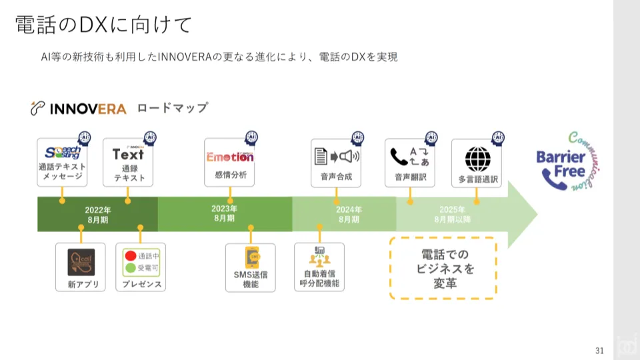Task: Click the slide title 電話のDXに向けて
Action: pyautogui.click(x=103, y=25)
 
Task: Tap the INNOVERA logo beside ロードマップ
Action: pyautogui.click(x=79, y=109)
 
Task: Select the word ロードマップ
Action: pyautogui.click(x=172, y=108)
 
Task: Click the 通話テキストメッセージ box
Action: pyautogui.click(x=61, y=163)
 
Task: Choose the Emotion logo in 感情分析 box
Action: pyautogui.click(x=230, y=157)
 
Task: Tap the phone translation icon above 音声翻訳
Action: pyautogui.click(x=409, y=157)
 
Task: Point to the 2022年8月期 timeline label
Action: pyautogui.click(x=97, y=214)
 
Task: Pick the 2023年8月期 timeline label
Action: pyautogui.click(x=224, y=213)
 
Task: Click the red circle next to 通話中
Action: pyautogui.click(x=131, y=256)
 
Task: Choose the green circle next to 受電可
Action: pyautogui.click(x=131, y=269)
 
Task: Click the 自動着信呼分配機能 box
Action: pyautogui.click(x=319, y=267)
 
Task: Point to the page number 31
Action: pyautogui.click(x=599, y=351)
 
